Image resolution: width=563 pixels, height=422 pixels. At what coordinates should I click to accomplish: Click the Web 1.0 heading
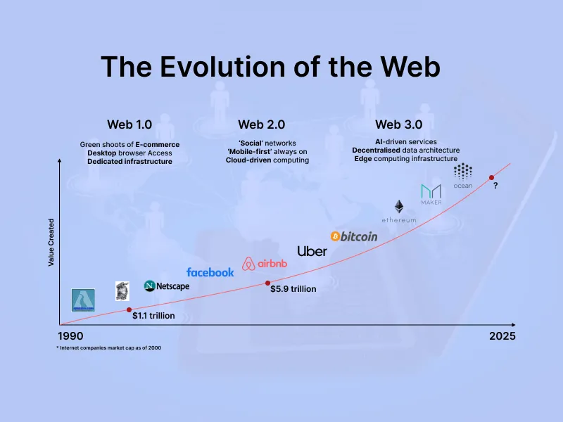(129, 124)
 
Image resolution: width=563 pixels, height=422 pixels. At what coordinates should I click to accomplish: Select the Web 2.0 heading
(261, 124)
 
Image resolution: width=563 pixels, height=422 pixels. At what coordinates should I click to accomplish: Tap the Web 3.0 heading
(398, 124)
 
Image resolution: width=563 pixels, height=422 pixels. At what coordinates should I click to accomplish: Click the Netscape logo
(167, 286)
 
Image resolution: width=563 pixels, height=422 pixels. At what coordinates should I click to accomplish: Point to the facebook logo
(210, 272)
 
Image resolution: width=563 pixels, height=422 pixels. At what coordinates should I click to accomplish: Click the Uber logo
(312, 251)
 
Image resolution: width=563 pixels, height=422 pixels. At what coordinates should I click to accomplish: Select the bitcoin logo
(354, 236)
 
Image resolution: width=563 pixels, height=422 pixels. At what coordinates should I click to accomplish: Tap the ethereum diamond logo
(399, 207)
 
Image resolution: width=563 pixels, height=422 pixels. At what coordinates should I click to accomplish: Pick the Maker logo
(431, 192)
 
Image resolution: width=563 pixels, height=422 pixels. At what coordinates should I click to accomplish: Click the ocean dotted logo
(463, 172)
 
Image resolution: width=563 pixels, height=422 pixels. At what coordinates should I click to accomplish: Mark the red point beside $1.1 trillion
(129, 309)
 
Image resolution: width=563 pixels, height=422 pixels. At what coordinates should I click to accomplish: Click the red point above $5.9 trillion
(267, 283)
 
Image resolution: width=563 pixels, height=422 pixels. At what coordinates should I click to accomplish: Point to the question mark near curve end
(495, 186)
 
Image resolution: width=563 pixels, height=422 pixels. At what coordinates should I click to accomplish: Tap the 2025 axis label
(502, 335)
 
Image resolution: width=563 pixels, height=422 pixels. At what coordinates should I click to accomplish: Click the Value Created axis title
(51, 241)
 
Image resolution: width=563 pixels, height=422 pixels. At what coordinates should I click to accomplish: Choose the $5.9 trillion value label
(293, 289)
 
